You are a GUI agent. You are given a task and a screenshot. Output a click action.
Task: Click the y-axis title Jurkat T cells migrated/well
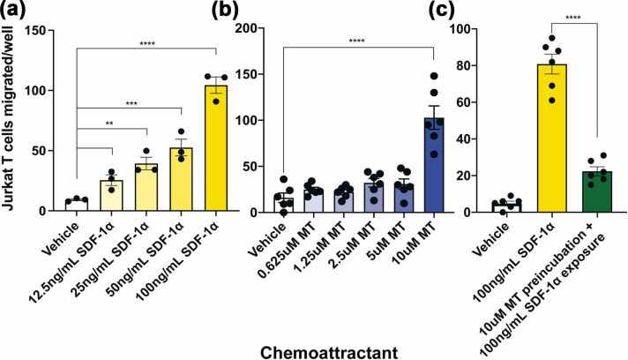[11, 124]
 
